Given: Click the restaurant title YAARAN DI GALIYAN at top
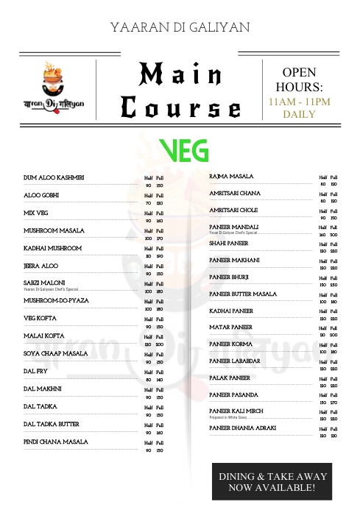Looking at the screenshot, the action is pyautogui.click(x=180, y=26).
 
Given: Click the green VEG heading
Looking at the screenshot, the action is pyautogui.click(x=183, y=150).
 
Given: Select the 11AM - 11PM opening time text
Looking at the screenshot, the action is pyautogui.click(x=300, y=101).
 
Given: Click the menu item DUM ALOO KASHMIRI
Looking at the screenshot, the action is pyautogui.click(x=54, y=177).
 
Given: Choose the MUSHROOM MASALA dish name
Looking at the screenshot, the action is pyautogui.click(x=54, y=230).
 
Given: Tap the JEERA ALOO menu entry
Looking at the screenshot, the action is pyautogui.click(x=40, y=266).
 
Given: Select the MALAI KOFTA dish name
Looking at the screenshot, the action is pyautogui.click(x=44, y=336).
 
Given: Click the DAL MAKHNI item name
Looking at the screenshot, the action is pyautogui.click(x=42, y=389).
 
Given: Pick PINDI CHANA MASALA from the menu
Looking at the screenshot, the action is pyautogui.click(x=55, y=442).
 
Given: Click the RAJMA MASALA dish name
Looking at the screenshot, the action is pyautogui.click(x=231, y=177).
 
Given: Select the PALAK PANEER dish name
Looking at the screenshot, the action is pyautogui.click(x=230, y=378).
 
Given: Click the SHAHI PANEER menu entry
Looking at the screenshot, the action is pyautogui.click(x=228, y=243).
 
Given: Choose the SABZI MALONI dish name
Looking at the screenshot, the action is pyautogui.click(x=44, y=283).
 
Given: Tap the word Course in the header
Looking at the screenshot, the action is pyautogui.click(x=180, y=108).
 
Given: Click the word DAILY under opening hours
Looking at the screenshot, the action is pyautogui.click(x=300, y=114).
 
